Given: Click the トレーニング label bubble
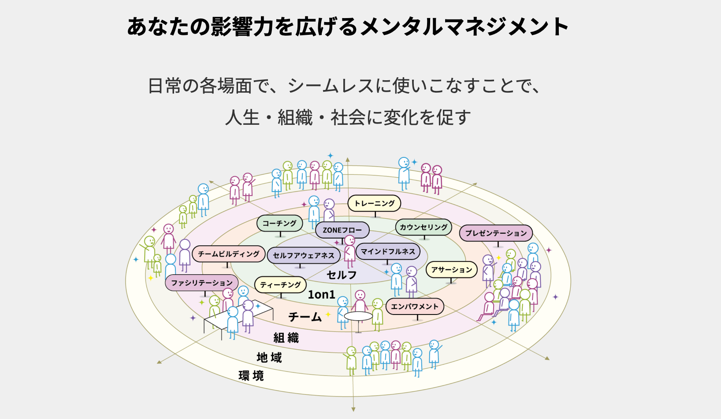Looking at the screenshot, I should click(374, 203).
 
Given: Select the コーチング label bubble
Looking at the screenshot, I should click(279, 223).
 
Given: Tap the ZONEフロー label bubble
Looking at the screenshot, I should click(342, 230).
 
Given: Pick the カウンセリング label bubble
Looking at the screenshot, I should click(424, 227).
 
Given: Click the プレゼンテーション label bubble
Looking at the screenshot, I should click(496, 233).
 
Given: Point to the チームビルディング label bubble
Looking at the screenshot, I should click(228, 254).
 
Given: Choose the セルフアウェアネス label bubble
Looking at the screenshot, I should click(303, 255).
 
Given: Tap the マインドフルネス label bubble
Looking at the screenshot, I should click(388, 251).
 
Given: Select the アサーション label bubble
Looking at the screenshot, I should click(451, 269).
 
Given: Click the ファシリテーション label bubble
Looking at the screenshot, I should click(202, 283).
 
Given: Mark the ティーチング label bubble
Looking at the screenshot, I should click(280, 285).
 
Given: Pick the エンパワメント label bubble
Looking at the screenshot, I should click(415, 307).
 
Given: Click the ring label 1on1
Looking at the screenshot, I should click(321, 295).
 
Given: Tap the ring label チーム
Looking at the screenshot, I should click(305, 317).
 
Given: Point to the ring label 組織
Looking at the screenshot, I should click(286, 338).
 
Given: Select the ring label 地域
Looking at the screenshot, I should click(269, 357).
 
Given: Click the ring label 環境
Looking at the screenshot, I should click(251, 376).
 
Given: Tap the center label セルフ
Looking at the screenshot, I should click(342, 275).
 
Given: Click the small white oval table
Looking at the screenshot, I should click(358, 316).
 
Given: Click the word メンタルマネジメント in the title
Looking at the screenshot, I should click(464, 26).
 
